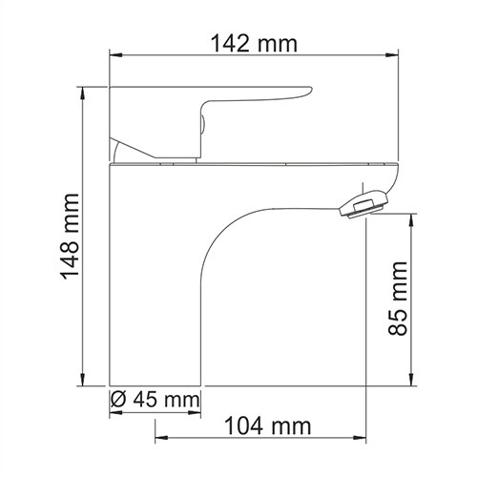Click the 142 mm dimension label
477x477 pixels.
[x=253, y=44]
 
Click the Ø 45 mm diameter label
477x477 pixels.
[x=154, y=398]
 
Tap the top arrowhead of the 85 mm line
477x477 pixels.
[x=412, y=219]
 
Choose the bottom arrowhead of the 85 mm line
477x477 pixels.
[x=412, y=384]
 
